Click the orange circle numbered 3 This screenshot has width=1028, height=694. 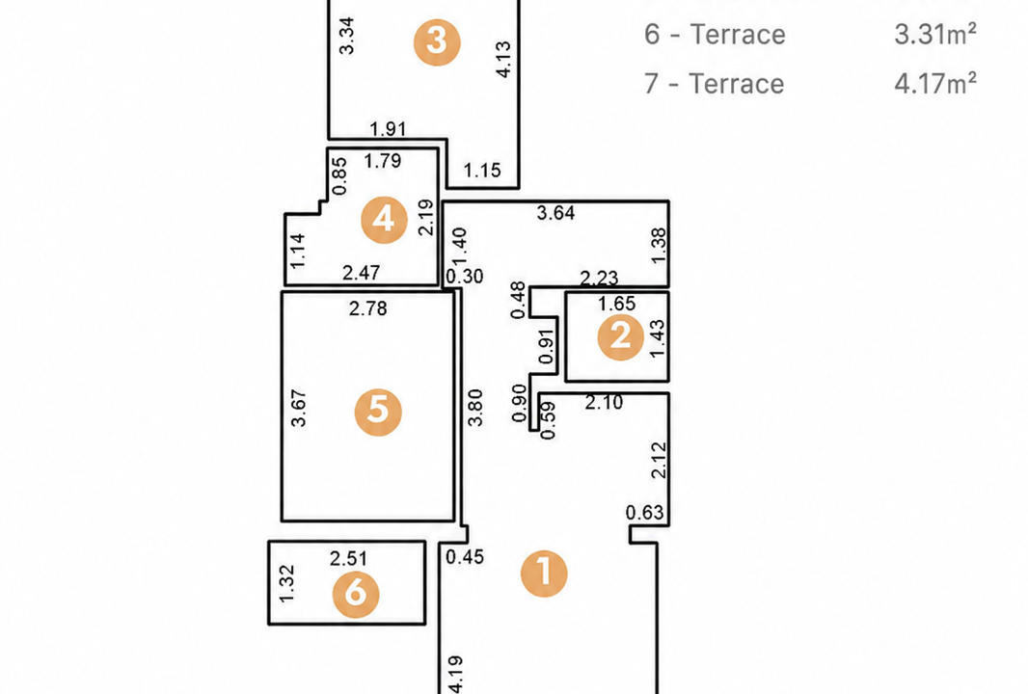click(437, 42)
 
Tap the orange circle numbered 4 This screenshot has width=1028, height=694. click(384, 220)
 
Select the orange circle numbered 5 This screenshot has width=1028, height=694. click(378, 413)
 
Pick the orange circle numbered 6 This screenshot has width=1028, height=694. click(356, 595)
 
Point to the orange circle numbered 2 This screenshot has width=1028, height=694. click(621, 336)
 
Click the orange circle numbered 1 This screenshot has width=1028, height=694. click(544, 574)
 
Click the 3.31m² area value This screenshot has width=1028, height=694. click(935, 34)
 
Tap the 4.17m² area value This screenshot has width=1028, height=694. click(935, 84)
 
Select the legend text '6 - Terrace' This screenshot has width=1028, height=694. click(715, 34)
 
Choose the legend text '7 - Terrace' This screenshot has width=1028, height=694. click(714, 84)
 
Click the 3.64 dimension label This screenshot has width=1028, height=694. click(555, 213)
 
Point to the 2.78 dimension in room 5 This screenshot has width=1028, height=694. click(367, 308)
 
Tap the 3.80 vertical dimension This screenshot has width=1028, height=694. click(475, 408)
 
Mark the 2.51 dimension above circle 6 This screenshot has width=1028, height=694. click(348, 558)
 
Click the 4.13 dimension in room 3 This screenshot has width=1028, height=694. click(503, 60)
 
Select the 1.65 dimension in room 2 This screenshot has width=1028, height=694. click(617, 304)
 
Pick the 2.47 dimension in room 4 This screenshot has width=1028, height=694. click(362, 272)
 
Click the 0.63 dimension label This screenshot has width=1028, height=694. click(644, 513)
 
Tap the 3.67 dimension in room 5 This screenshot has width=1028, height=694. click(298, 409)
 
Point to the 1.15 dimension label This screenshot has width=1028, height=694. click(482, 171)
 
